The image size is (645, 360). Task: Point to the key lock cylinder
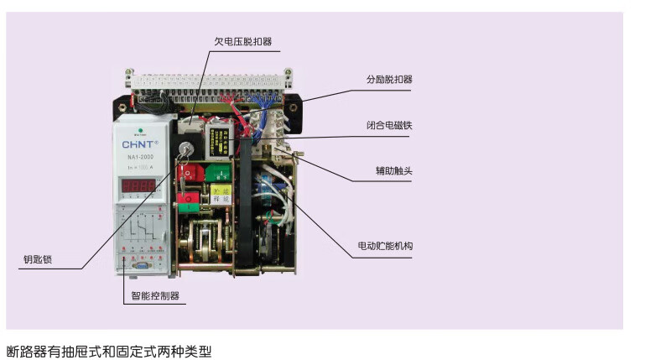click(x=184, y=152)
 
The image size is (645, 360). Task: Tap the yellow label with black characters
click(x=220, y=195)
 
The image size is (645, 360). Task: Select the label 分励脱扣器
click(x=389, y=80)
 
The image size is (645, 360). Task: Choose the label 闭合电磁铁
click(x=389, y=125)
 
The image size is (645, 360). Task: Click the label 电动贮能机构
click(x=385, y=246)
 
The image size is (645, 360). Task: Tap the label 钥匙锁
click(x=38, y=258)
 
